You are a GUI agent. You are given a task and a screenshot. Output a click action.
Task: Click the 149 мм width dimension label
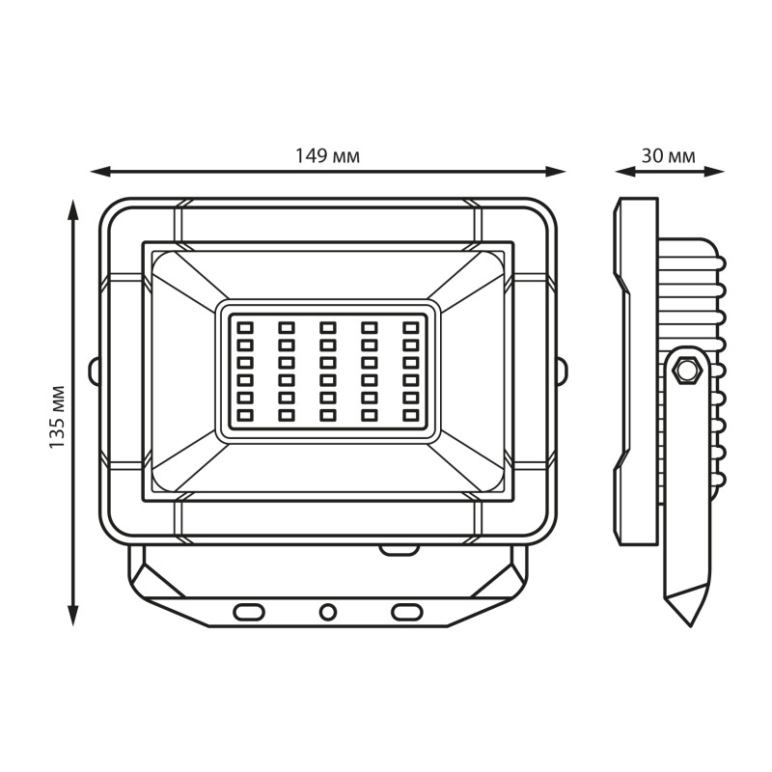click(327, 156)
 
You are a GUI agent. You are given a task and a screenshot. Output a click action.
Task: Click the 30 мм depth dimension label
click(669, 156)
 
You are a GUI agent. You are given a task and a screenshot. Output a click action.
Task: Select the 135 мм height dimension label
click(58, 417)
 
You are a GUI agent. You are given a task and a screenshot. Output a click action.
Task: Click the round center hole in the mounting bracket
click(328, 612)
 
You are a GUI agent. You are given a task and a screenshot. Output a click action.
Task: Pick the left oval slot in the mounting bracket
click(249, 612)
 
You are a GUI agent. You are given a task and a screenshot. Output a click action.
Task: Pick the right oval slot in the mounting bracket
click(406, 612)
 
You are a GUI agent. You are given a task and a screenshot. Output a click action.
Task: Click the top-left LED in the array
click(245, 327)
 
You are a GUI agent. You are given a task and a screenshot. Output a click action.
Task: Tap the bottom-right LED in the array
click(410, 416)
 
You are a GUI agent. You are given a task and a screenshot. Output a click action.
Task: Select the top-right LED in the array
click(410, 327)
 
